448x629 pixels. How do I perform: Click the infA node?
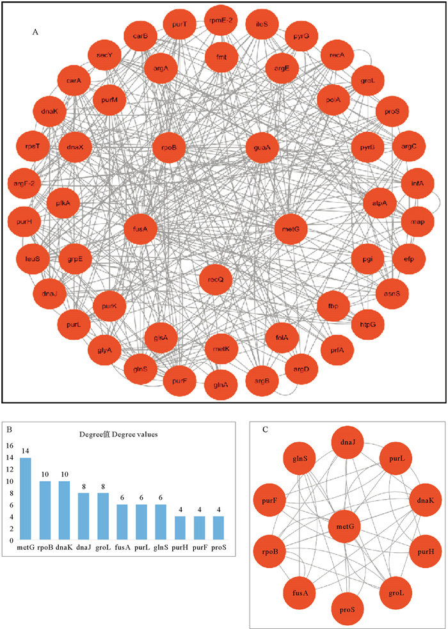click(x=417, y=182)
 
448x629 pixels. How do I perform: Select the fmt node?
click(x=221, y=57)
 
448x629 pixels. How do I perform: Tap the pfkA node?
click(x=63, y=203)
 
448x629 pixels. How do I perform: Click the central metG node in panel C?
click(x=346, y=526)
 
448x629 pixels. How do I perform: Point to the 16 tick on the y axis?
click(x=10, y=446)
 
